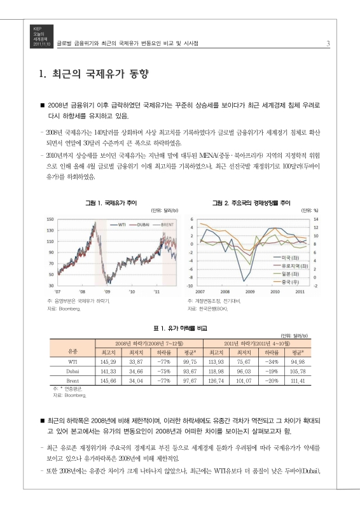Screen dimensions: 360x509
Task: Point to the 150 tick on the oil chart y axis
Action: [x=49, y=219]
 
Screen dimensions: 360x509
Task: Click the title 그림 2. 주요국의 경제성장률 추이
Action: [x=251, y=202]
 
